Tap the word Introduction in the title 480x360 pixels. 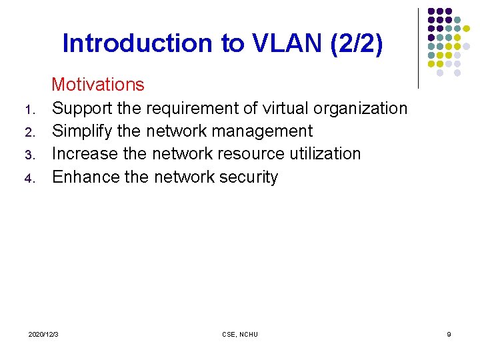coord(137,43)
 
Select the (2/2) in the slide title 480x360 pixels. coord(360,43)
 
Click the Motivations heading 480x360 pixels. coord(97,85)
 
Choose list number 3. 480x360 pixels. coord(29,155)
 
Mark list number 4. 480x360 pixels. coord(29,179)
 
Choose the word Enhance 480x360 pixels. coord(85,177)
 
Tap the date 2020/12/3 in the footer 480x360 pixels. coord(43,334)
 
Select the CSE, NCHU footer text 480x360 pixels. coord(239,334)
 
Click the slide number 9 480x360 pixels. coord(449,334)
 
